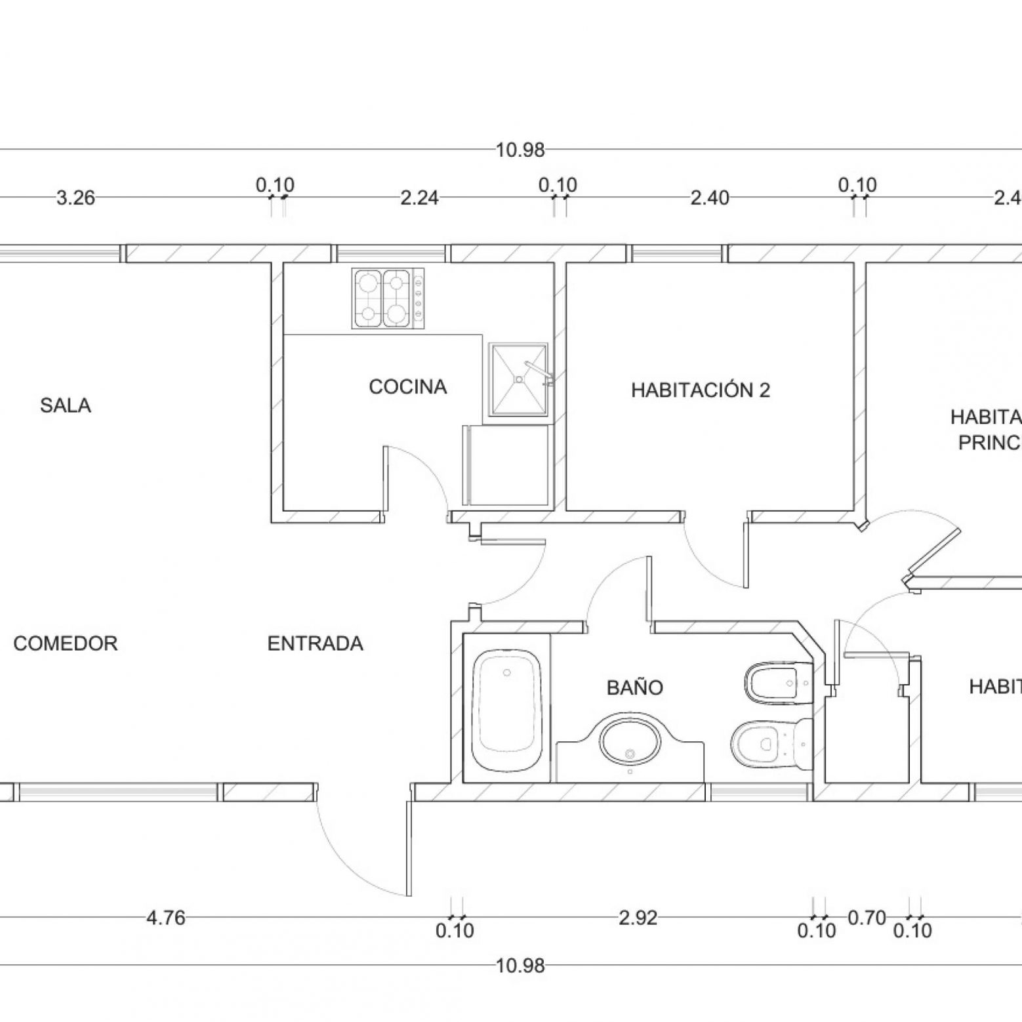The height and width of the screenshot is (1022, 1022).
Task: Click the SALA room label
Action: pos(66,405)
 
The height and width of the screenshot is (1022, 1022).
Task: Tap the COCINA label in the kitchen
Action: pos(407,387)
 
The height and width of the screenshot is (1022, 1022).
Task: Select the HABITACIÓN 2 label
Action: pos(700,390)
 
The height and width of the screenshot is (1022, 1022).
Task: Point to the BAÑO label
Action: pos(634,687)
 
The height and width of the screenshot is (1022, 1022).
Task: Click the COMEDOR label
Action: pos(66,644)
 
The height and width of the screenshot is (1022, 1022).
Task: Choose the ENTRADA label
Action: pos(315,644)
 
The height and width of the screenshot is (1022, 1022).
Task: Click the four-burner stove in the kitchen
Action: pos(387,298)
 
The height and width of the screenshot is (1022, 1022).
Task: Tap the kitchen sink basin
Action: pos(518,380)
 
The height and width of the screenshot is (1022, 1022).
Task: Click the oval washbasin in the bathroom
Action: pos(630,741)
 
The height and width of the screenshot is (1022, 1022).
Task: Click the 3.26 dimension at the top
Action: pos(76,197)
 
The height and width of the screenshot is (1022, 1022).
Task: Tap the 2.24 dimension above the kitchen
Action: pos(419,197)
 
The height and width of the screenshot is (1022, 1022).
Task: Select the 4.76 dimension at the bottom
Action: pos(165,918)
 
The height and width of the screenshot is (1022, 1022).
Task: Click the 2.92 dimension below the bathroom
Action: pos(638,918)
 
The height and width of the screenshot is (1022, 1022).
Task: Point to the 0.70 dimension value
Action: pos(867,918)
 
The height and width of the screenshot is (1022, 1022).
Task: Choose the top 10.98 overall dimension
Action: pos(520,150)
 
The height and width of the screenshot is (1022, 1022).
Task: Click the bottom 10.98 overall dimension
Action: pos(520,966)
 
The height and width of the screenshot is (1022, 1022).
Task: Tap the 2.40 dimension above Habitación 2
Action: pos(710,197)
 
